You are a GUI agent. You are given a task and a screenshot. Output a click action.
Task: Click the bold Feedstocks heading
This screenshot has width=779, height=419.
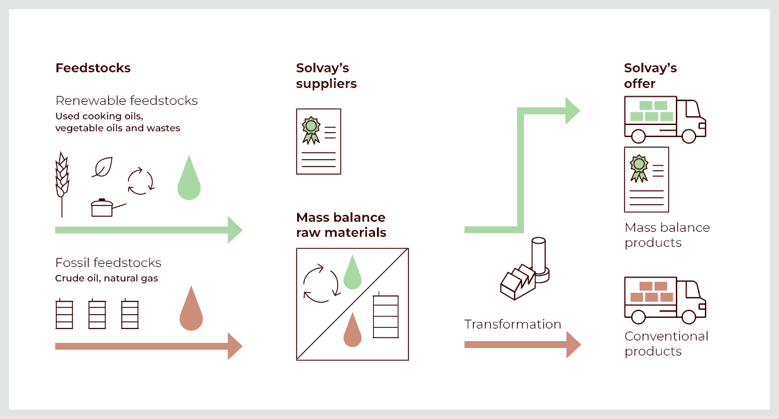(93, 68)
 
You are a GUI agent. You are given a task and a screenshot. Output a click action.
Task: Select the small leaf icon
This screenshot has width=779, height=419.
(102, 166)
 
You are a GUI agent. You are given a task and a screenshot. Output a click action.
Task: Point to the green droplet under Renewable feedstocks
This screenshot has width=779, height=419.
(189, 181)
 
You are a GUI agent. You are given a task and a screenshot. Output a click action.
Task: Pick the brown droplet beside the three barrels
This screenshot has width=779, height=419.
(191, 310)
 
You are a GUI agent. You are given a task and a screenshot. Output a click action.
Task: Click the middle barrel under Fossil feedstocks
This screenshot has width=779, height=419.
(97, 313)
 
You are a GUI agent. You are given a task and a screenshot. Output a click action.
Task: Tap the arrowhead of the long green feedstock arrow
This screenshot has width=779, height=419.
(234, 230)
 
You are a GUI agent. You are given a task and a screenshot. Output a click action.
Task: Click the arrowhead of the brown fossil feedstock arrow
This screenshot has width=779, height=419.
(234, 346)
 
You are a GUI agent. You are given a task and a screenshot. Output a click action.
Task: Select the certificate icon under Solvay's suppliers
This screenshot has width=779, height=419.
(319, 141)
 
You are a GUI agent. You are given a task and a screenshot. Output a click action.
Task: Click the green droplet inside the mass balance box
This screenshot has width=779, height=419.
(352, 273)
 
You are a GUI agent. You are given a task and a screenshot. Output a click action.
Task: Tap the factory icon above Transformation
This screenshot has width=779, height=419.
(525, 270)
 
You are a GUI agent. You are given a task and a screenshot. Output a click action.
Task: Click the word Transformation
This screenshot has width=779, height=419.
(513, 324)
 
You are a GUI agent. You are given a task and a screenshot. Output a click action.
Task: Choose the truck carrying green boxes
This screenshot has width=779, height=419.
(665, 119)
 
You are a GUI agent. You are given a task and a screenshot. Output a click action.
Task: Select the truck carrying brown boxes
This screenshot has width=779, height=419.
(665, 300)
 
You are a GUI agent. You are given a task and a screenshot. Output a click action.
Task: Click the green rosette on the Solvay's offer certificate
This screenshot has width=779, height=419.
(639, 165)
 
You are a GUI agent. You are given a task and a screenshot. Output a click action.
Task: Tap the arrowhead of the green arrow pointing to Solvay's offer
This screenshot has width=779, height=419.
(572, 111)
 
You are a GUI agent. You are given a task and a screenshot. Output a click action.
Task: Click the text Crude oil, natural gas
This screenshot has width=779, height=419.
(107, 278)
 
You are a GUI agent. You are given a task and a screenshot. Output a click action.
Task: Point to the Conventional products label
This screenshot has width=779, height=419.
(666, 344)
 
